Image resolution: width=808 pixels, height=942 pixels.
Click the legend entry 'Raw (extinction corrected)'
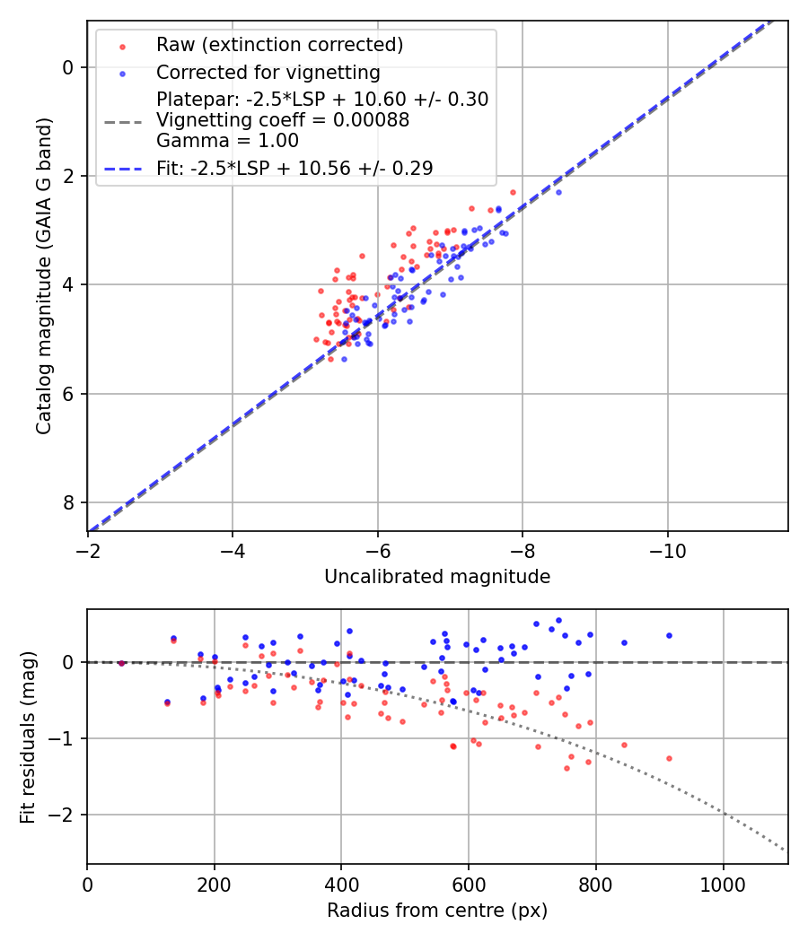coord(279,45)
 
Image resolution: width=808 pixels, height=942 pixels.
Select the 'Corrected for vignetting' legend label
coord(268,72)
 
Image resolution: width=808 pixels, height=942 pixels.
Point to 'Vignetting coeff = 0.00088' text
coord(283,120)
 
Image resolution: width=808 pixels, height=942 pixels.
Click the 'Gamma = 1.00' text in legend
coord(227,141)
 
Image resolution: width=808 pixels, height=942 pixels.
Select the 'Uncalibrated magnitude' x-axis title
coord(437,577)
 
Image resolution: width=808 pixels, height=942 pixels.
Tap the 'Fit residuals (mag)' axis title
coord(27,737)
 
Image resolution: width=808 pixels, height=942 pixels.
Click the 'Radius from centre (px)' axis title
coord(437,911)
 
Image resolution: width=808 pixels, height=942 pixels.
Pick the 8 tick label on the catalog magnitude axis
coord(68,502)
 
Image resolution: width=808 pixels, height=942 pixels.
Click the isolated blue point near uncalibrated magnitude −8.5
coord(558,192)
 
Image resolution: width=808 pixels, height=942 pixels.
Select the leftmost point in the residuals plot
coord(121,663)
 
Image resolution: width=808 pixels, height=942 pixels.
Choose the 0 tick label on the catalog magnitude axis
coord(68,67)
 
